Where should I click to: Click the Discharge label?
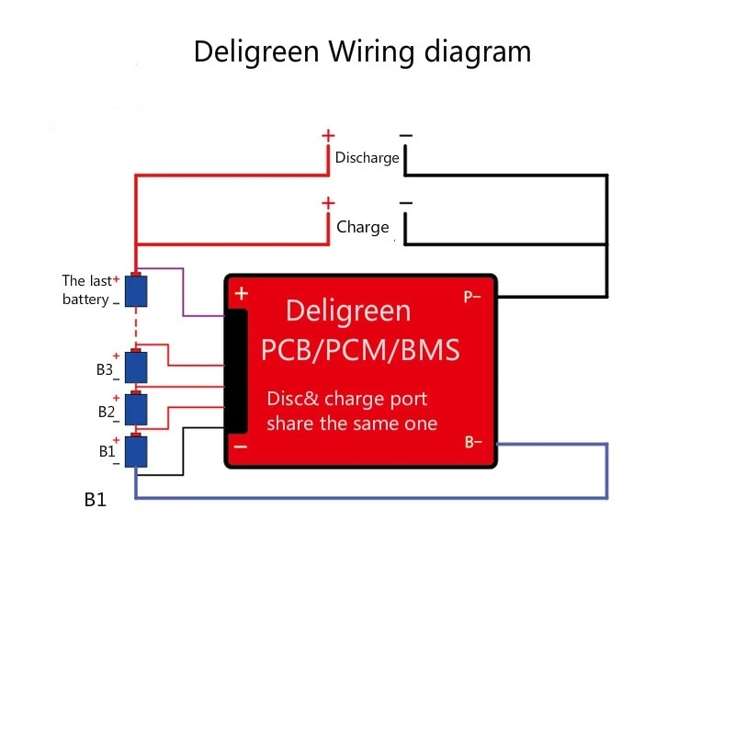(x=367, y=158)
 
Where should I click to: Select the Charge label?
(x=363, y=227)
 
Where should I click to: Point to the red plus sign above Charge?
(x=328, y=203)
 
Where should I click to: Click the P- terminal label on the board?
(x=472, y=297)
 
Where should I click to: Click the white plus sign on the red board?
(x=242, y=294)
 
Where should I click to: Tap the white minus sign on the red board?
(x=241, y=447)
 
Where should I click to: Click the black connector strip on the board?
(x=236, y=371)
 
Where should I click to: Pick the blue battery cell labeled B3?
(x=136, y=367)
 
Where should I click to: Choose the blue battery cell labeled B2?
(x=136, y=408)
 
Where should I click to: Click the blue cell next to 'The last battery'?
(x=136, y=291)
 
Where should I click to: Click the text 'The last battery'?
(x=86, y=290)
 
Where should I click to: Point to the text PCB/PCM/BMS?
(x=360, y=350)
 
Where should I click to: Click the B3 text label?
(x=104, y=370)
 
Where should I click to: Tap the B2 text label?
(x=106, y=412)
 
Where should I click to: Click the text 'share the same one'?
(x=352, y=424)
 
